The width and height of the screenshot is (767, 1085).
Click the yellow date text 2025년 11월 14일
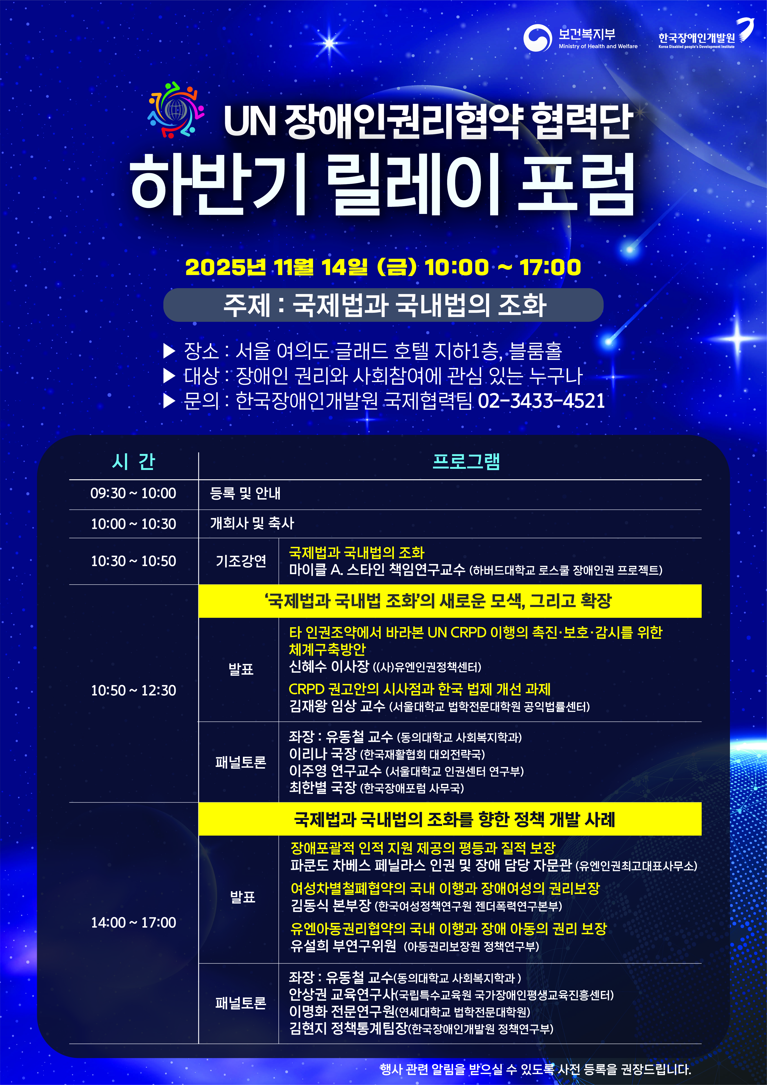point(276,267)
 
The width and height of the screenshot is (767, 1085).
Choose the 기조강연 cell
point(241,561)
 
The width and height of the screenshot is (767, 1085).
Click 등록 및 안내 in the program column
point(245,493)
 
